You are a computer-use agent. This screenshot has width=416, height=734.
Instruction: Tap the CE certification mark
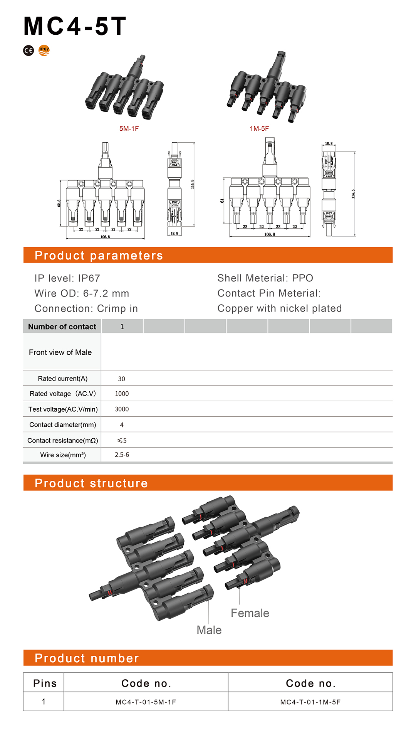point(29,51)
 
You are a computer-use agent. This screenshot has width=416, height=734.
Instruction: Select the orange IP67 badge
point(44,50)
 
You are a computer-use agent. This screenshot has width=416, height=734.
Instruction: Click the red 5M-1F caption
point(129,129)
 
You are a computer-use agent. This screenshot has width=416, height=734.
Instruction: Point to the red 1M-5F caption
point(259,129)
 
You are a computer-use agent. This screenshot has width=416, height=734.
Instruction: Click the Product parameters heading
point(99,256)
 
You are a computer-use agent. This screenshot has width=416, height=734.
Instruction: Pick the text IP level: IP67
point(67,278)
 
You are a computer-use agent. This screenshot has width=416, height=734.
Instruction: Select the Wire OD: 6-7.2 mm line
point(82,293)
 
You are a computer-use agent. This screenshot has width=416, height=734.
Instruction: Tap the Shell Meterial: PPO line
point(265,278)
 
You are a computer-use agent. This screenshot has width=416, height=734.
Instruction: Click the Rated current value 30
point(122,379)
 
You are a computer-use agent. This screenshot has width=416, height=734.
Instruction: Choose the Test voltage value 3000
point(122,409)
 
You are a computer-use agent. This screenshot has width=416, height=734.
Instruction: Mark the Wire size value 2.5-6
point(122,455)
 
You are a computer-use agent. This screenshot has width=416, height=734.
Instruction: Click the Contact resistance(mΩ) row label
point(63,440)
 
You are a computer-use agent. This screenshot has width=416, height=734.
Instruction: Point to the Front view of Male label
point(60,352)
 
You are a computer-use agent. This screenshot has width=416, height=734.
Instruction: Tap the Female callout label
point(250,613)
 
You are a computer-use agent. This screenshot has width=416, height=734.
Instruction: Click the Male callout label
point(209,630)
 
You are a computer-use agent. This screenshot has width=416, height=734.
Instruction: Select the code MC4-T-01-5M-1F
point(146,702)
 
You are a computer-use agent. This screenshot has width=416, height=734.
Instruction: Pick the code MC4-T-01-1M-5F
point(310,702)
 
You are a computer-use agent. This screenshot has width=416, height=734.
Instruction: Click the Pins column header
point(45,683)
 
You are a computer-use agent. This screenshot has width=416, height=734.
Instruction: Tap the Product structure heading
point(91,483)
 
